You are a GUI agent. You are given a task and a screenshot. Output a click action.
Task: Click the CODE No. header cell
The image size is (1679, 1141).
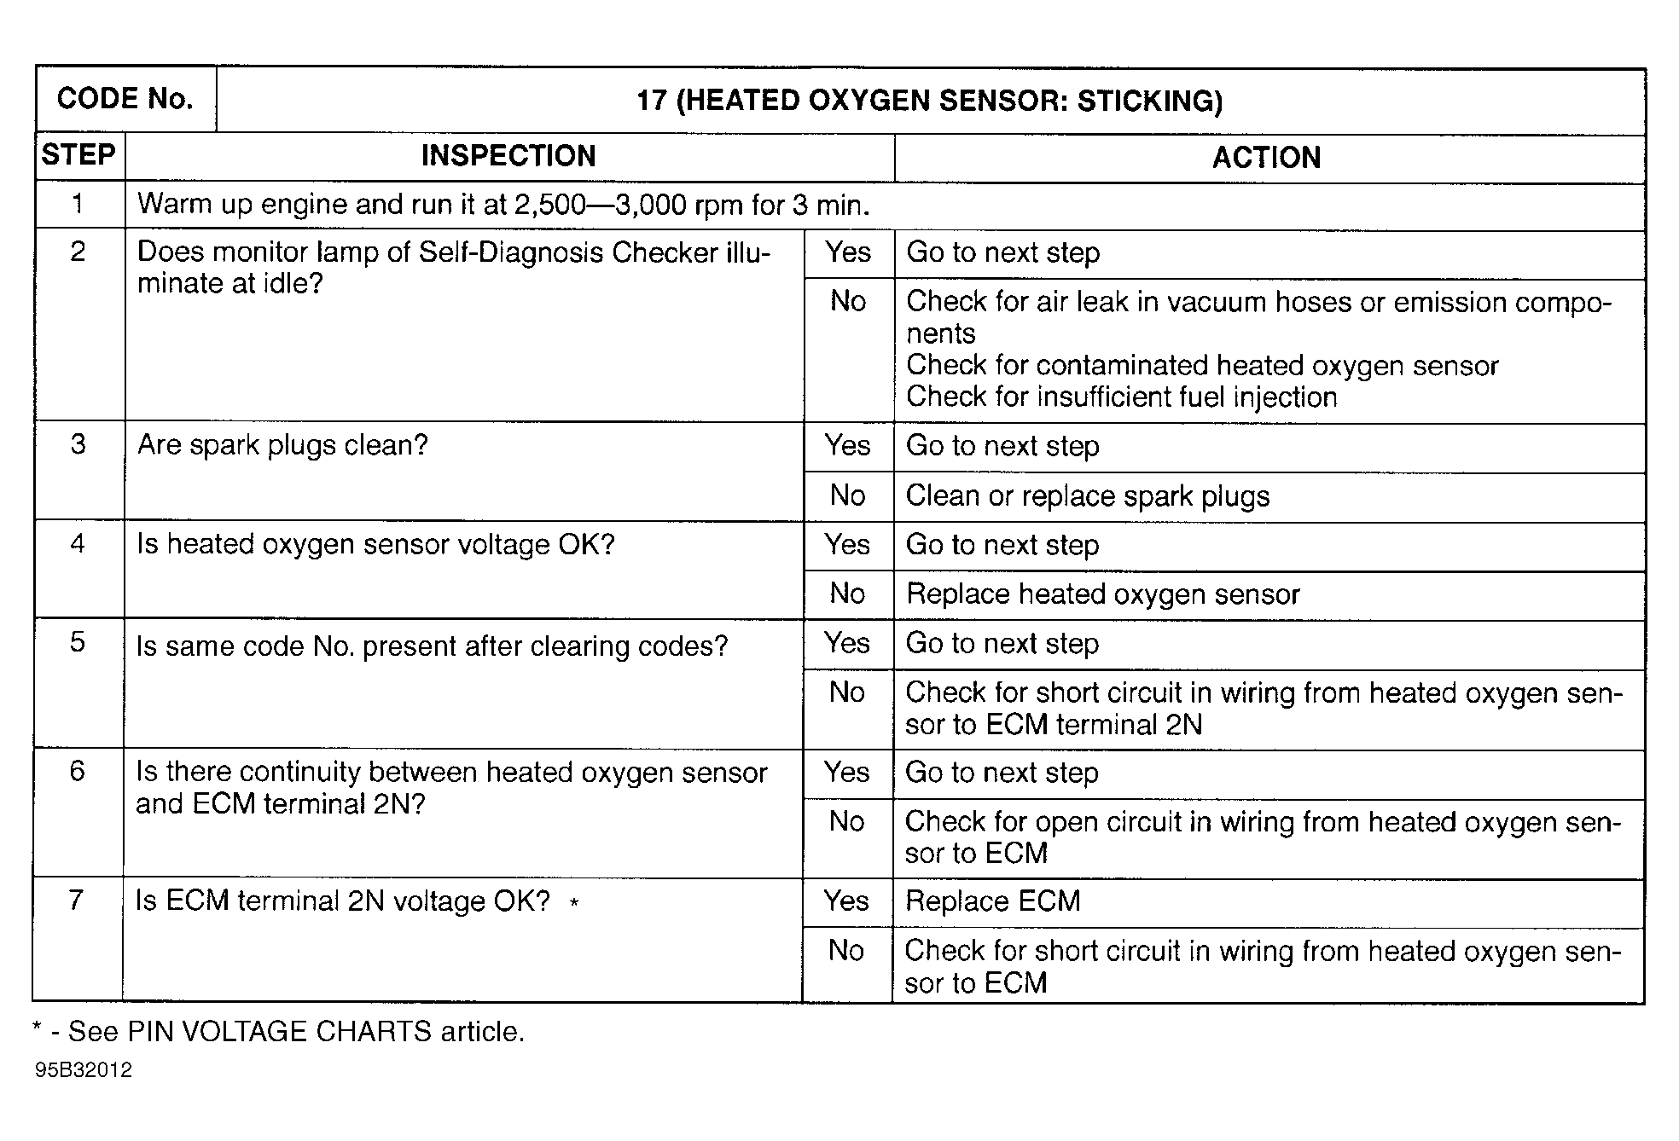(125, 99)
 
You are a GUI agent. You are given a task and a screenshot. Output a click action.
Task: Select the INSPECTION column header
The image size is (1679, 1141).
(508, 156)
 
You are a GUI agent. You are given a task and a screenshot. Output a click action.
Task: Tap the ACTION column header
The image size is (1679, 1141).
(1266, 158)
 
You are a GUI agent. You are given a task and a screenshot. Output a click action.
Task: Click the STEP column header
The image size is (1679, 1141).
(78, 155)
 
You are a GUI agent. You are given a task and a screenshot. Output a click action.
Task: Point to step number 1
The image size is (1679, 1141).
(78, 204)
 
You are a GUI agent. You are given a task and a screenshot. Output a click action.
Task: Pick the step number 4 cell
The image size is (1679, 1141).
(78, 544)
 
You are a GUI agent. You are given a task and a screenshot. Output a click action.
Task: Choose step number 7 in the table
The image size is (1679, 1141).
(76, 900)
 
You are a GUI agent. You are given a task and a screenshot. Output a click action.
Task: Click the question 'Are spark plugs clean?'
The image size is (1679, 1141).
(282, 445)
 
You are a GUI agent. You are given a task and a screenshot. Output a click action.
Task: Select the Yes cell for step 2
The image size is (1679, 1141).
(848, 252)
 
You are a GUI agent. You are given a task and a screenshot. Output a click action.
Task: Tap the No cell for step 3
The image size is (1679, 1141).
(847, 495)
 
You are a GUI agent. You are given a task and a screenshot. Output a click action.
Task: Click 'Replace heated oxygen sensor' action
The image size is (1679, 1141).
(1102, 594)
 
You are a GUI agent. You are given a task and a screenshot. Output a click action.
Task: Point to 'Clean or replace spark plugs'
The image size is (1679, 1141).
(1087, 496)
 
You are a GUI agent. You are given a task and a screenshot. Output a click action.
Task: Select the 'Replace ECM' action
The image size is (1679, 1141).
(992, 901)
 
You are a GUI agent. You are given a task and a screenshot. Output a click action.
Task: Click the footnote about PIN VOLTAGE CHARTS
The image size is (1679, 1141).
(278, 1032)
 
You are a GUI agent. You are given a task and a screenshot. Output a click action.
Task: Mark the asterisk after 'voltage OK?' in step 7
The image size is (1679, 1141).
(574, 903)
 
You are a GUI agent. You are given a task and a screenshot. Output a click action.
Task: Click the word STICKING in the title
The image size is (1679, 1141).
(1149, 101)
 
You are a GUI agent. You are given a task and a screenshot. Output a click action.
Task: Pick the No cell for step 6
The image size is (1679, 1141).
(846, 821)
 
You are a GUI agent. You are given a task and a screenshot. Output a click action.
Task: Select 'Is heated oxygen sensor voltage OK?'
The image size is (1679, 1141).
(375, 545)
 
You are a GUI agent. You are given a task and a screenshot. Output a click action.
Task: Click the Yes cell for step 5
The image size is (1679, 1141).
(846, 644)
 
